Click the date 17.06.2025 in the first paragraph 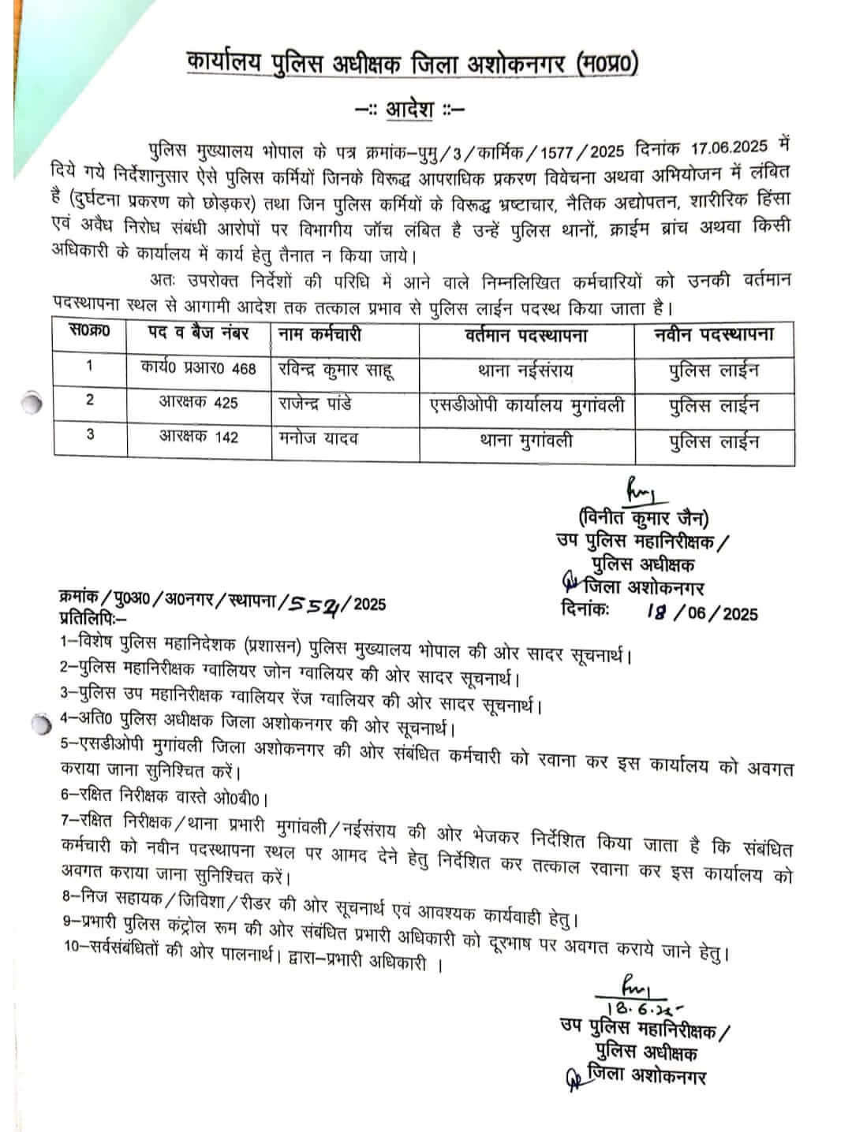pyautogui.click(x=729, y=147)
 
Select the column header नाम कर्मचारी pyautogui.click(x=320, y=334)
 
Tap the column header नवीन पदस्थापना pyautogui.click(x=714, y=334)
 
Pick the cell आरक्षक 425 pyautogui.click(x=198, y=402)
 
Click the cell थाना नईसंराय pyautogui.click(x=525, y=369)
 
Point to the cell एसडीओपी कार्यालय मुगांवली pyautogui.click(x=526, y=404)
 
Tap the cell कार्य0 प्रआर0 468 pyautogui.click(x=199, y=367)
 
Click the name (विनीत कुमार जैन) pyautogui.click(x=643, y=518)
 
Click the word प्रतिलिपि pyautogui.click(x=91, y=617)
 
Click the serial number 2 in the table pyautogui.click(x=89, y=400)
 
